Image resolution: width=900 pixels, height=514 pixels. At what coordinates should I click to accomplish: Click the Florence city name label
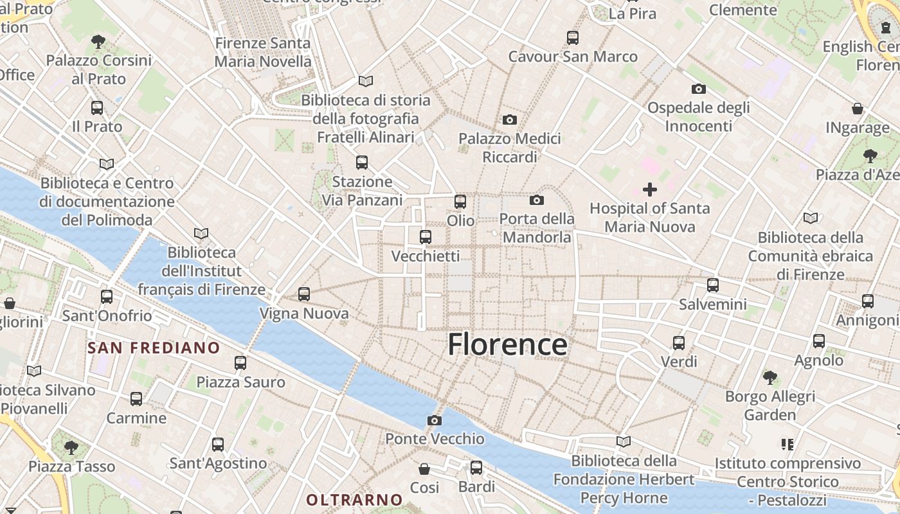coord(507,344)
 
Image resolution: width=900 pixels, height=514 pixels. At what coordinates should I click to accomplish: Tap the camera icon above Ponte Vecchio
coord(435,421)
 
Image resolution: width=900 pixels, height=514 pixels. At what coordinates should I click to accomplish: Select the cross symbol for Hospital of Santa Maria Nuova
coord(650,190)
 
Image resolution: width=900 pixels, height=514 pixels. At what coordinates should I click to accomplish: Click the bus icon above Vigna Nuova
coord(304,294)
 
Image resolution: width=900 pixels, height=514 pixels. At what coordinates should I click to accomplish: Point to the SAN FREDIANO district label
coord(154,348)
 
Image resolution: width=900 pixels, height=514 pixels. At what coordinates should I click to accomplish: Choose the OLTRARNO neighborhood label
coord(354,499)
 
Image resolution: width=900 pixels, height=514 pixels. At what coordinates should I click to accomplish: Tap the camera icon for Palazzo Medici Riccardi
coord(510,120)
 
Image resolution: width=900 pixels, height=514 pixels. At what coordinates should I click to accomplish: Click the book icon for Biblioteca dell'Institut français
coord(201,233)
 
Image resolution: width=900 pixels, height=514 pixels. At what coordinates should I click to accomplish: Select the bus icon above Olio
coord(460,202)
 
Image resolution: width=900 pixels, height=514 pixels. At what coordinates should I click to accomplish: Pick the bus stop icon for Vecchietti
coord(426,237)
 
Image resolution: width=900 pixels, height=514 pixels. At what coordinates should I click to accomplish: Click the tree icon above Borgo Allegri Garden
coord(770,377)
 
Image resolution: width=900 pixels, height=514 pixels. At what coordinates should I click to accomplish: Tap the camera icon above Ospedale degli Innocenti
coord(699,89)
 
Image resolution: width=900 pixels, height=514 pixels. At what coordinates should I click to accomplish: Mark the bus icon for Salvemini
coord(713,285)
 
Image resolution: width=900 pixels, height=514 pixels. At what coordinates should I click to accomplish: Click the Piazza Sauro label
coord(240,382)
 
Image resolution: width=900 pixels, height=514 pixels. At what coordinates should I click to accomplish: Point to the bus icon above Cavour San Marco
coord(573,38)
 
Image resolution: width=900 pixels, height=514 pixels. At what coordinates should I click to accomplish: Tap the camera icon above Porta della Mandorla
coord(537,200)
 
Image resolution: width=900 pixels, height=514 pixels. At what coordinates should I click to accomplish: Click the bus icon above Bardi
coord(476,468)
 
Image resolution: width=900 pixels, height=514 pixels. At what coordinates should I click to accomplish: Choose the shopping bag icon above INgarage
coord(858,109)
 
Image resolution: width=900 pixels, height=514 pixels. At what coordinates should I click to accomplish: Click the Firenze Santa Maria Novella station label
coord(262,53)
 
